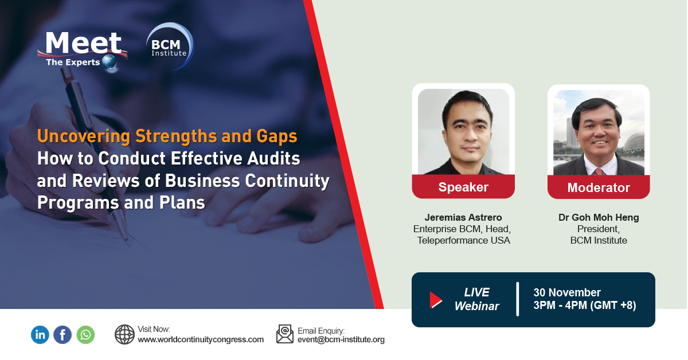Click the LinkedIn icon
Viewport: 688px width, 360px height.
coord(40,335)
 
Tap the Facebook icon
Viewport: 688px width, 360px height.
coord(62,335)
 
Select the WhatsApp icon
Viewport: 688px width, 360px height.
coord(86,335)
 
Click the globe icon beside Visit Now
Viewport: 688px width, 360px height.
coord(124,334)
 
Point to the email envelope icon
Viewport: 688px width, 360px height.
coord(285,334)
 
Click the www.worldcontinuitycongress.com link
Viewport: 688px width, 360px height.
coord(201,339)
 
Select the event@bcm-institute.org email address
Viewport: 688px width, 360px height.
coord(341,339)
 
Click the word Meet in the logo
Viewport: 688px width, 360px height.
coord(84,43)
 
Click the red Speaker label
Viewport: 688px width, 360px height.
coord(463,187)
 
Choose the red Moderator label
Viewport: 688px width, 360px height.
coord(599,187)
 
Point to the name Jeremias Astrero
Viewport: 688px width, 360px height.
coord(463,217)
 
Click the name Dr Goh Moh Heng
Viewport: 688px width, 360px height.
coord(599,217)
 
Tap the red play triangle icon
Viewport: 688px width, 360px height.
coord(436,300)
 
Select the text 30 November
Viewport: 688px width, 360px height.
coord(566,293)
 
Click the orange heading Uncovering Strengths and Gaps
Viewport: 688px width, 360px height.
coord(167,136)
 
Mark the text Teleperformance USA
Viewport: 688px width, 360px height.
coord(463,240)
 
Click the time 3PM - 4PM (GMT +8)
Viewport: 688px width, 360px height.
coord(584,306)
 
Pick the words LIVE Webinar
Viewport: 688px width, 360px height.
coord(476,299)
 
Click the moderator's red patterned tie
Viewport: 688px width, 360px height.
coord(599,171)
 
